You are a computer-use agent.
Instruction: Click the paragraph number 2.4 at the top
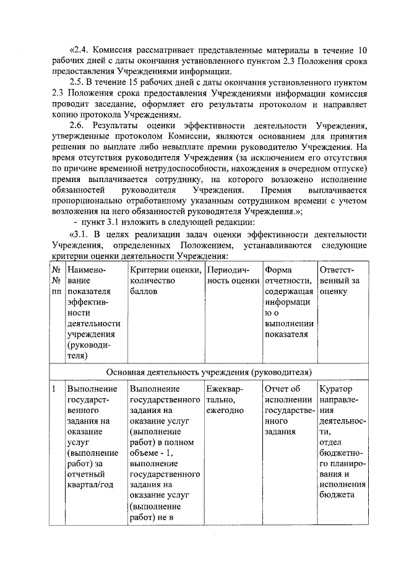82,50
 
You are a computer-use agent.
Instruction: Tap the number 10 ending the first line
363,50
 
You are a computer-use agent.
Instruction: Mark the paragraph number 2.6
77,126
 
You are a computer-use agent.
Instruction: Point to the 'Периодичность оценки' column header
233,276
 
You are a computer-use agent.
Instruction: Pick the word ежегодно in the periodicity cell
225,411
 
